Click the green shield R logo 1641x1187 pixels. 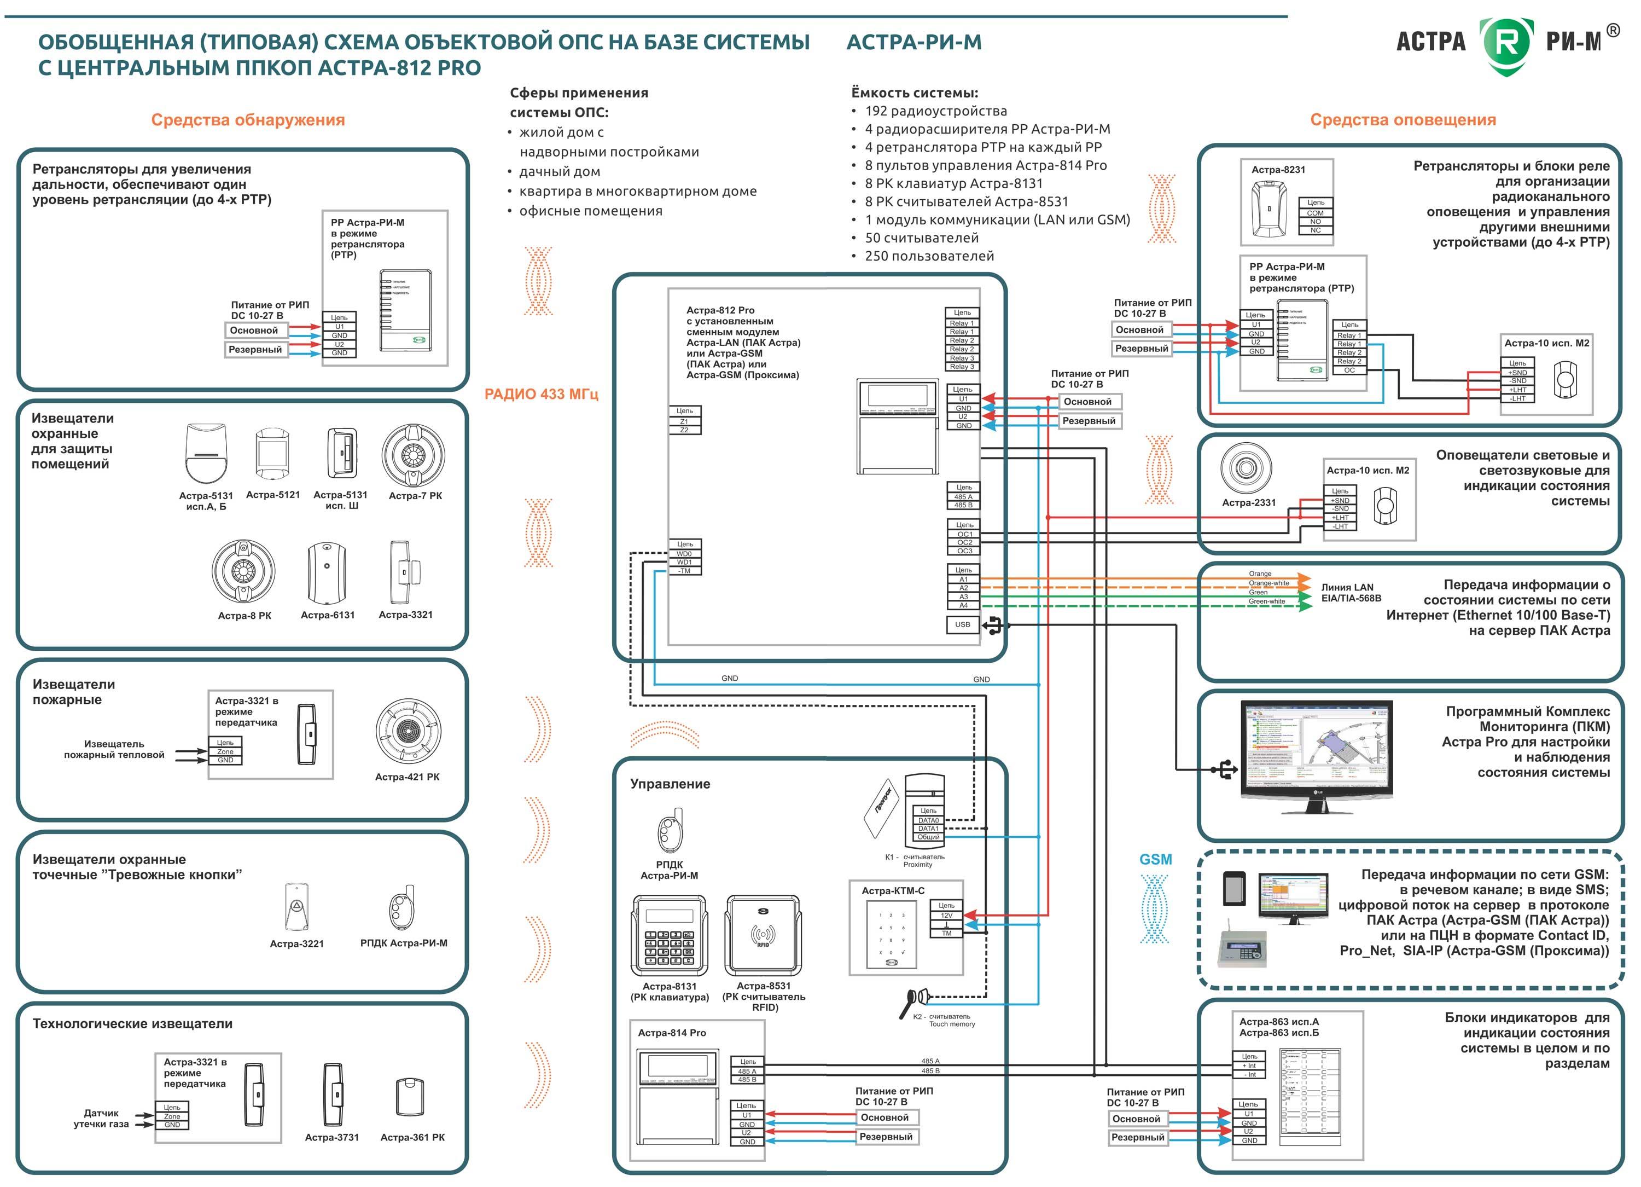click(1506, 45)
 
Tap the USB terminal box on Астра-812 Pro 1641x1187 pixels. click(962, 624)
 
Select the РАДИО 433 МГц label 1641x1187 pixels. click(541, 395)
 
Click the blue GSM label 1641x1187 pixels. click(1155, 859)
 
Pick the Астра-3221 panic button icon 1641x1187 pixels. click(296, 906)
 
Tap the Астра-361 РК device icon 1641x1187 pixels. click(410, 1097)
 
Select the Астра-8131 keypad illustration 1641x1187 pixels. click(670, 935)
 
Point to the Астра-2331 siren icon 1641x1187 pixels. click(1246, 467)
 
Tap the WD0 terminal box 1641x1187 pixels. click(684, 554)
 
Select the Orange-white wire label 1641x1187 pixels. click(1269, 583)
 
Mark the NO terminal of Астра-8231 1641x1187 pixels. click(1316, 222)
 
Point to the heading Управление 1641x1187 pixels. click(670, 784)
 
